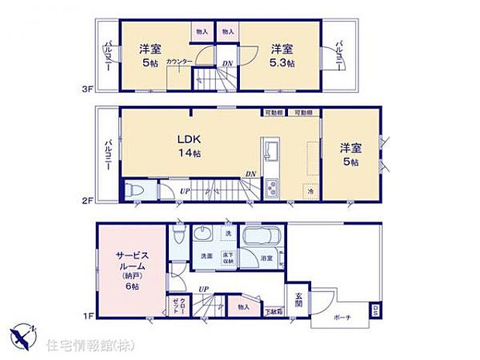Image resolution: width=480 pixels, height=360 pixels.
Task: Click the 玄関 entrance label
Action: tap(299, 300)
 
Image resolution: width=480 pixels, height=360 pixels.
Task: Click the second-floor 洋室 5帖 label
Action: tap(351, 154)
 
